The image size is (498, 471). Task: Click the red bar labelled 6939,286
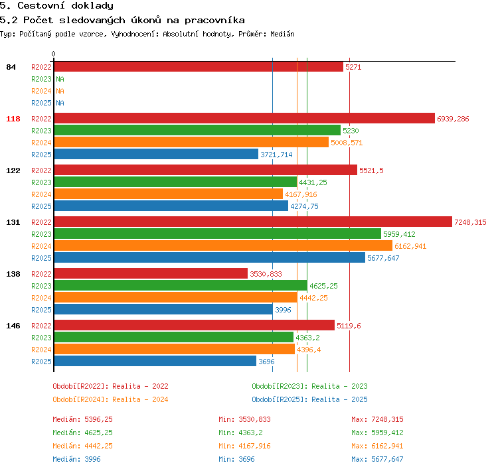[244, 118]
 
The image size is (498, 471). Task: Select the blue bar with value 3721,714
[156, 155]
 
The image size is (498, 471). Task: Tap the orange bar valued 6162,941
[223, 246]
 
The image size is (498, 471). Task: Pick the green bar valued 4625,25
[181, 286]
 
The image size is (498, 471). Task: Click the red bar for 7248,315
[253, 222]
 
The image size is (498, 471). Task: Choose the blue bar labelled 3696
[155, 361]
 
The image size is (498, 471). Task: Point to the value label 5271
[353, 67]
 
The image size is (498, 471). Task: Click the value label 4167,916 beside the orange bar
[301, 194]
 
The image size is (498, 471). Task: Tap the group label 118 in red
[13, 119]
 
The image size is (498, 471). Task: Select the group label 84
[11, 67]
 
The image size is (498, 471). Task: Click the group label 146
[13, 326]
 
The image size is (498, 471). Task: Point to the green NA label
[60, 79]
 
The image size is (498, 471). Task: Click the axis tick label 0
[53, 54]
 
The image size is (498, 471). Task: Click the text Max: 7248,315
[377, 419]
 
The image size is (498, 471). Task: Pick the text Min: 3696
[236, 459]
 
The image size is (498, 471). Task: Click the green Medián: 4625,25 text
[82, 433]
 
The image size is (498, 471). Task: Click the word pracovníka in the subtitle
[214, 21]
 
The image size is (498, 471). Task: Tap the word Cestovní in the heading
[41, 6]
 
